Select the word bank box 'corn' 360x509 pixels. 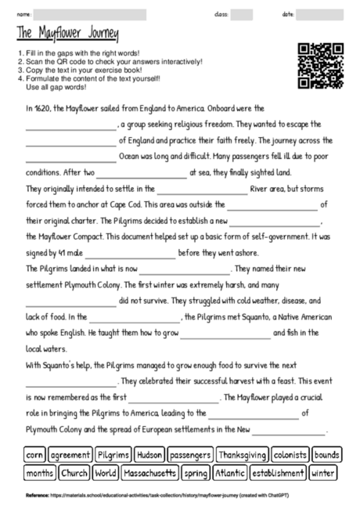[x=34, y=454]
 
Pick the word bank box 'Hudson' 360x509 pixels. [x=149, y=454]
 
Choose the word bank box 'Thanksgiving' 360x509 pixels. [x=243, y=454]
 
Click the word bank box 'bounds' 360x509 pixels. [x=326, y=454]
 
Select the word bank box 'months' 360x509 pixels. [x=39, y=473]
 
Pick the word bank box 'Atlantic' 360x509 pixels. [x=229, y=473]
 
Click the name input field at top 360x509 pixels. [x=90, y=14]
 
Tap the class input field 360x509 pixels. [x=242, y=14]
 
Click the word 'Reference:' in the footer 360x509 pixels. [x=37, y=496]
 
